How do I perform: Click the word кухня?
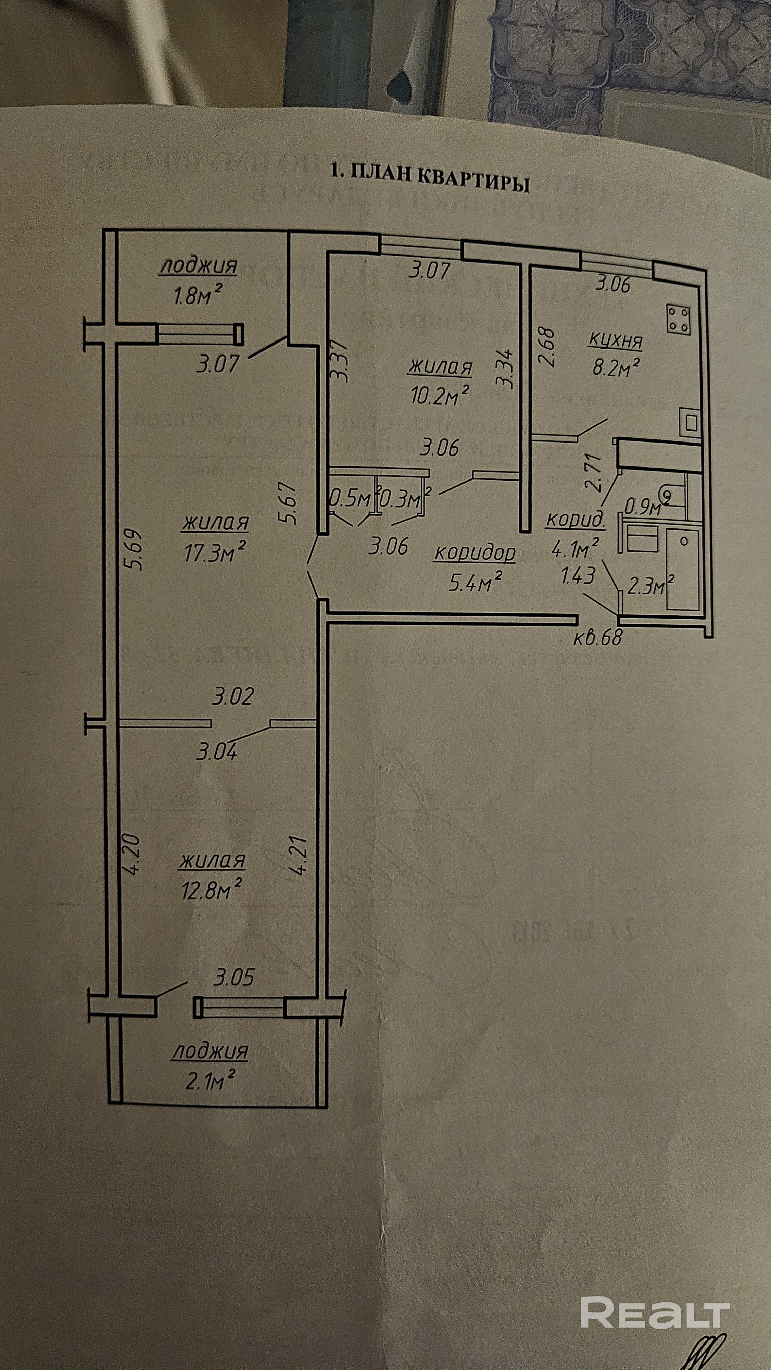click(616, 340)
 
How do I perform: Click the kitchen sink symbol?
click(691, 423)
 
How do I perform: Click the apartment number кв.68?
click(598, 637)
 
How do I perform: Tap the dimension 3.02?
click(233, 696)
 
